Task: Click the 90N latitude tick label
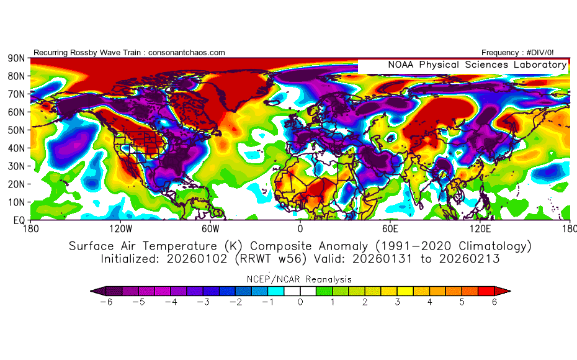point(16,58)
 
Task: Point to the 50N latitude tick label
point(16,130)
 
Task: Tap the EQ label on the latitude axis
point(19,220)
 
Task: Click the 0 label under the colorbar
point(300,302)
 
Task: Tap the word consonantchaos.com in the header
point(187,53)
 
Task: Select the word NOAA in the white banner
point(402,65)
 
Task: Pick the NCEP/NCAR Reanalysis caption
point(300,279)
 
